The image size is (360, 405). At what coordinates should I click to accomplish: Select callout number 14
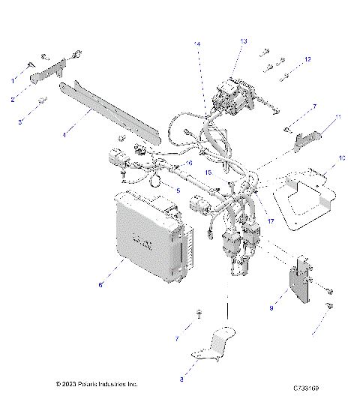pyautogui.click(x=197, y=45)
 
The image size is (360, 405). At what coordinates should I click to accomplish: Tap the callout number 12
pyautogui.click(x=307, y=58)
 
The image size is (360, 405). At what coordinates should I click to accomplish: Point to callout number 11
pyautogui.click(x=338, y=117)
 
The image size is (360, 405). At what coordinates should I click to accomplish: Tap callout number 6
pyautogui.click(x=100, y=285)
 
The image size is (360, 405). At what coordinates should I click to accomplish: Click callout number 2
pyautogui.click(x=13, y=99)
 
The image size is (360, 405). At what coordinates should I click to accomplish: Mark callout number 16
pyautogui.click(x=189, y=162)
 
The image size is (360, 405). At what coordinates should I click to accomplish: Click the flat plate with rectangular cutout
pyautogui.click(x=304, y=199)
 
